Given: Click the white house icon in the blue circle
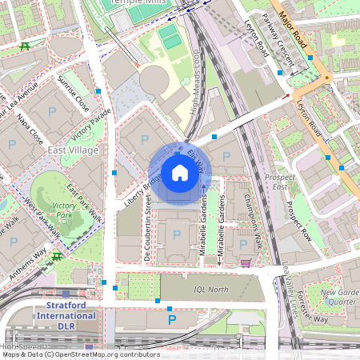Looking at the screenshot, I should point(179,173).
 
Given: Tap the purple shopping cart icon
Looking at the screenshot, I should point(246,262).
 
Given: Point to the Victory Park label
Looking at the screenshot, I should point(64,210).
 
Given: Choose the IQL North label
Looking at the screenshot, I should point(211,290).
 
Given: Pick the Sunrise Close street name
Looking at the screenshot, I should point(73,93).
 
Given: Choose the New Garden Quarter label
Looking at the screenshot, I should point(338,298).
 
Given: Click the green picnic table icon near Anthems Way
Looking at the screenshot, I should point(57,256).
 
